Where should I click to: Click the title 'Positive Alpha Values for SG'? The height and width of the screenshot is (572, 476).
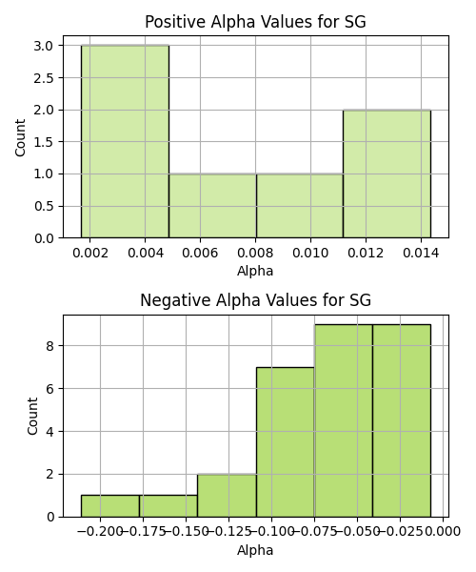255,22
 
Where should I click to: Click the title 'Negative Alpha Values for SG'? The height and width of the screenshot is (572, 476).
255,300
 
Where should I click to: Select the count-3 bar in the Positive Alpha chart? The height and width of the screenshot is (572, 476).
125,141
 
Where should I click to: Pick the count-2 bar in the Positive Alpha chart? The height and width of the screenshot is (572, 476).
387,174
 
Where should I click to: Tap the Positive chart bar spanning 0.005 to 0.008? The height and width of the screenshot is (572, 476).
212,206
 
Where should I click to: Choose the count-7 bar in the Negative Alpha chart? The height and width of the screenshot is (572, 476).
286,441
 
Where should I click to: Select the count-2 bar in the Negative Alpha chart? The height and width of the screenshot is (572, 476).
227,496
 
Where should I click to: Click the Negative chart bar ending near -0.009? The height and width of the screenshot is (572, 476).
402,420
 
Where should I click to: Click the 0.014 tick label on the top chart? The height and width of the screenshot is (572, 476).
421,253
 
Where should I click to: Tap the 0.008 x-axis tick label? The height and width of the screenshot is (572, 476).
255,253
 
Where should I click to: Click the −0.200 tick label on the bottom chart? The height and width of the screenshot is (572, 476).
100,532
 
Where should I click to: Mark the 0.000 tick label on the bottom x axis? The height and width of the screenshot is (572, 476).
444,532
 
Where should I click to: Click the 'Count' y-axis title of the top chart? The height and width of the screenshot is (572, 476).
20,137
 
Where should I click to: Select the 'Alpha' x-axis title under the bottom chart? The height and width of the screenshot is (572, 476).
255,550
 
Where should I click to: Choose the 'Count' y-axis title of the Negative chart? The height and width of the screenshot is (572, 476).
32,416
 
